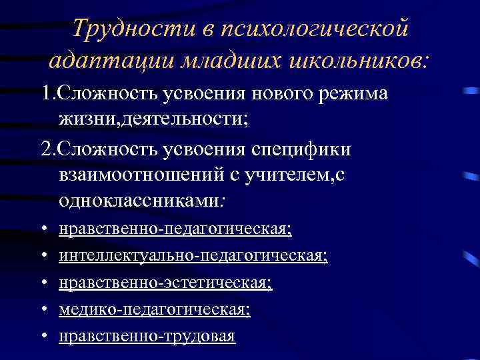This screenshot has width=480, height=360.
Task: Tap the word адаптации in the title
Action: [109, 61]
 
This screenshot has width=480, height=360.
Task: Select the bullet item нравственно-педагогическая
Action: [175, 229]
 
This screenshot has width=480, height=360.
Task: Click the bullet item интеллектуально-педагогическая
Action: [193, 256]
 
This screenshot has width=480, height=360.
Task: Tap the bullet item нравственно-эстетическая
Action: [165, 283]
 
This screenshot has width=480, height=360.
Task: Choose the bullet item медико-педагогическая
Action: [155, 309]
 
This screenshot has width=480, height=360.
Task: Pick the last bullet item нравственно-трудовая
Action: [147, 336]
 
